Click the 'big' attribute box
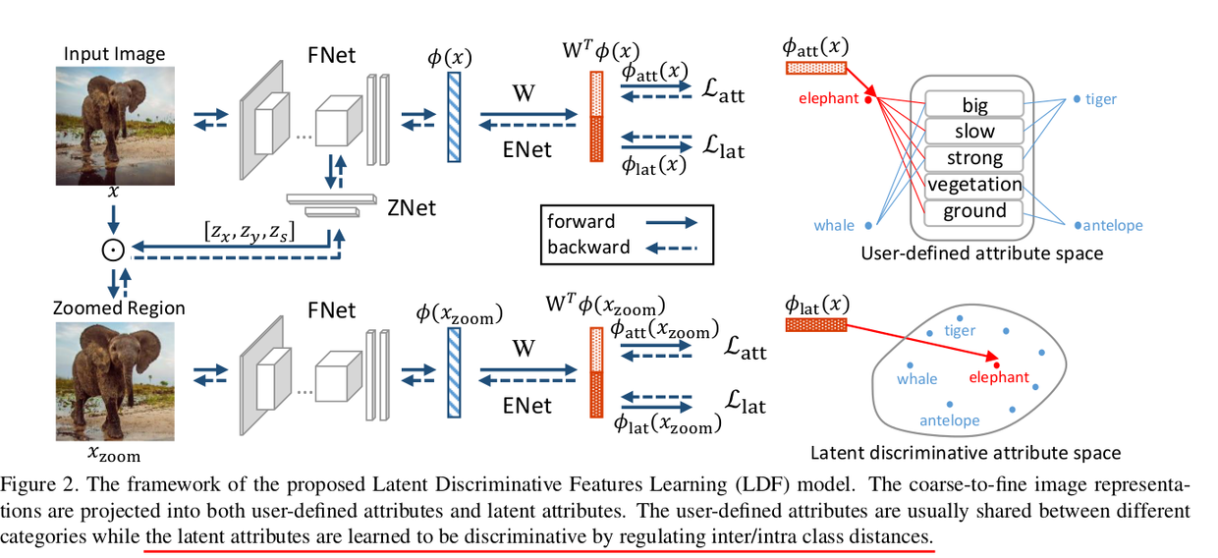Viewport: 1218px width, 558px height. [x=974, y=104]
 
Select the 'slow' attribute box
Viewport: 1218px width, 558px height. [x=974, y=131]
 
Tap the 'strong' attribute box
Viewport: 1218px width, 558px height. [x=974, y=158]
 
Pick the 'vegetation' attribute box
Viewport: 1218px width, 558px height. [x=974, y=185]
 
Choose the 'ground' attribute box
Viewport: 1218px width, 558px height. [x=974, y=211]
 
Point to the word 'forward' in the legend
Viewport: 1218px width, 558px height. [x=581, y=221]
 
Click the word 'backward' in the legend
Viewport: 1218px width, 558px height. [x=588, y=247]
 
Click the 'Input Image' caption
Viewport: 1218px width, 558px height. [x=114, y=53]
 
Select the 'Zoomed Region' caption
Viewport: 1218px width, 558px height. [x=119, y=307]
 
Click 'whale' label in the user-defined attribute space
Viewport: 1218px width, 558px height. [x=834, y=226]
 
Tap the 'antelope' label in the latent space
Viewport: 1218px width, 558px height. [x=949, y=420]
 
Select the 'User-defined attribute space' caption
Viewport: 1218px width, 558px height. [x=981, y=253]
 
